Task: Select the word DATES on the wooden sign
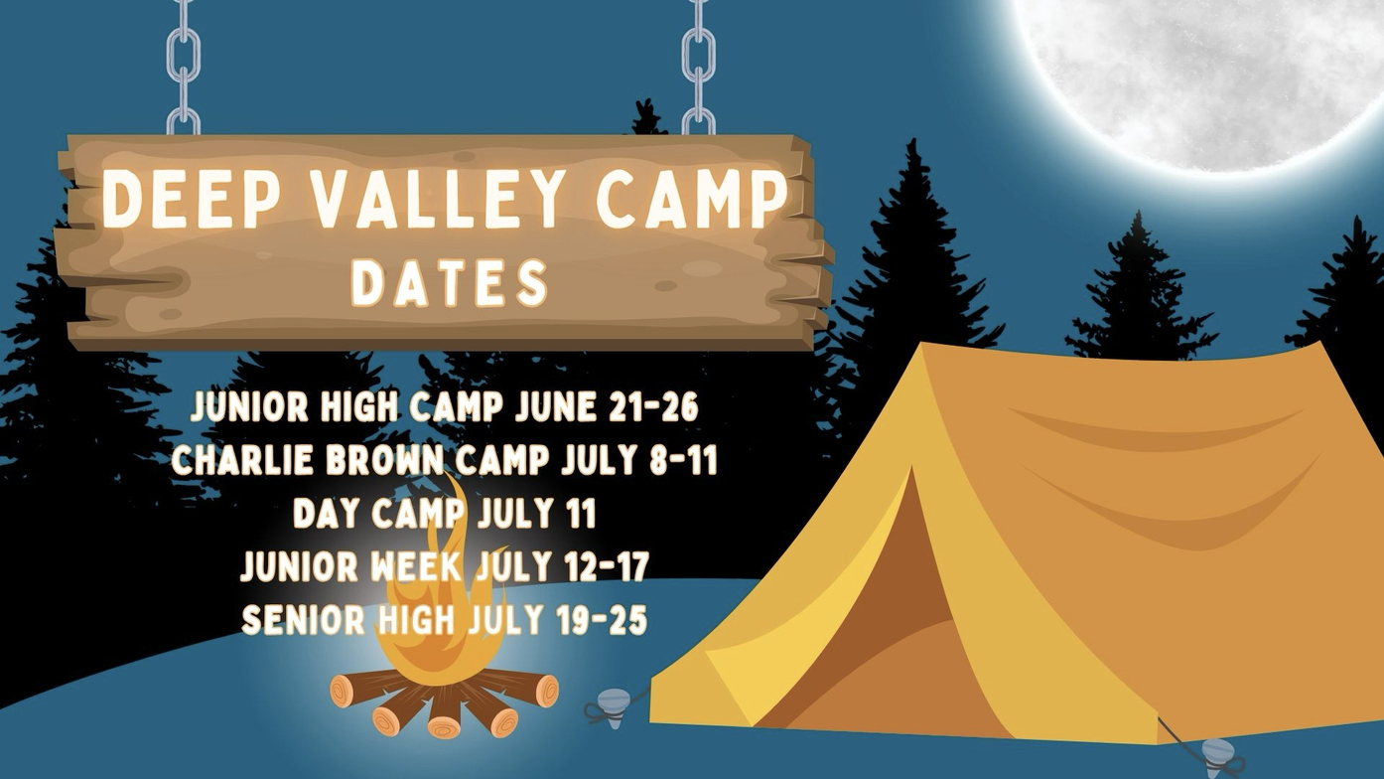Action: [449, 283]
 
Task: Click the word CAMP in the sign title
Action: [692, 198]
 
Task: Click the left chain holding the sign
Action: [184, 67]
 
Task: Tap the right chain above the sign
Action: [699, 67]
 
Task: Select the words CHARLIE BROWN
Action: [307, 460]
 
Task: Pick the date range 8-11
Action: [688, 460]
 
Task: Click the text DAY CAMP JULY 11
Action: [444, 513]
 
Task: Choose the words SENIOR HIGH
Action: [348, 619]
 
